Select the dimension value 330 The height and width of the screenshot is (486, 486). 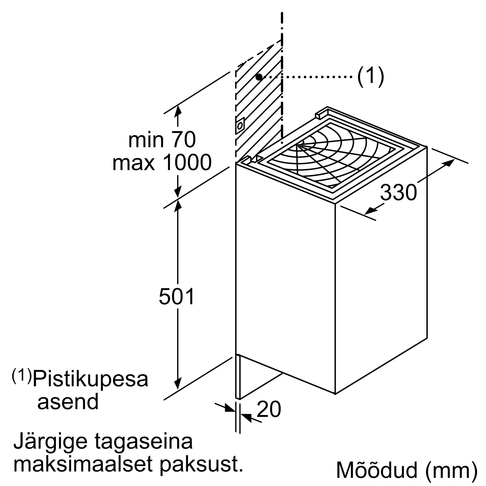pos(398,192)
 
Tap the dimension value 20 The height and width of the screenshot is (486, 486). pos(269,409)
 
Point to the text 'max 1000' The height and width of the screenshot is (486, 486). pos(162,163)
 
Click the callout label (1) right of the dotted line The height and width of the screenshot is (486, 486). pos(371,77)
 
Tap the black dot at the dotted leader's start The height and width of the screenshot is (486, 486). pos(259,77)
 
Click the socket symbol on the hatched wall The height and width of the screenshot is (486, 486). pos(240,125)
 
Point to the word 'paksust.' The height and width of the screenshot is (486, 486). pos(201,464)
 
